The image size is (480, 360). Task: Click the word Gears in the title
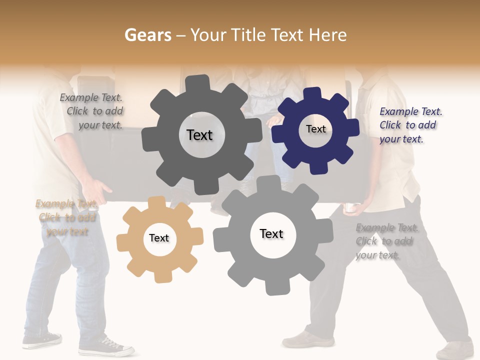click(147, 35)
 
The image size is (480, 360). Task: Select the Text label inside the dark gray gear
click(199, 135)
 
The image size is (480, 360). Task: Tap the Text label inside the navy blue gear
click(315, 129)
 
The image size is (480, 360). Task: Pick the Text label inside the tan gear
click(159, 238)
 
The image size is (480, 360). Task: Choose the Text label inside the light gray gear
click(271, 233)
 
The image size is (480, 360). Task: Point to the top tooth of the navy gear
click(313, 94)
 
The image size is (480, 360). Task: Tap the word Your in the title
click(207, 35)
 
